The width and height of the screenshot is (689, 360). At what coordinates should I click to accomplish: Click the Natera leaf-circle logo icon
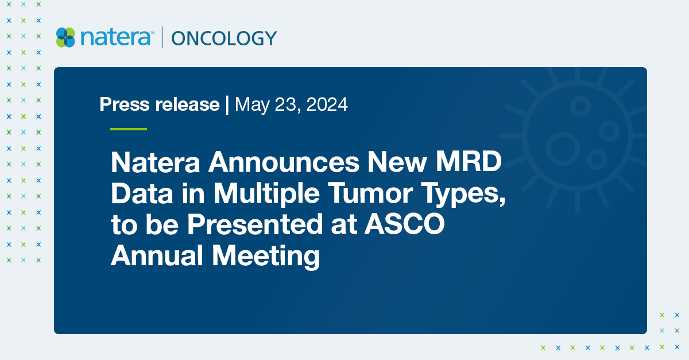(65, 37)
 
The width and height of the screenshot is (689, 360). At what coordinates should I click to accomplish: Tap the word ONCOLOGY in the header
(224, 38)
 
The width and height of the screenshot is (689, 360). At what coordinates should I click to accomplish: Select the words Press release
(160, 104)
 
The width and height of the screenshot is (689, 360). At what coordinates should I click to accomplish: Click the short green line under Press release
(129, 129)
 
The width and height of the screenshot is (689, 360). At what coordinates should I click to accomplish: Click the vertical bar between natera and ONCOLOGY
(162, 37)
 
